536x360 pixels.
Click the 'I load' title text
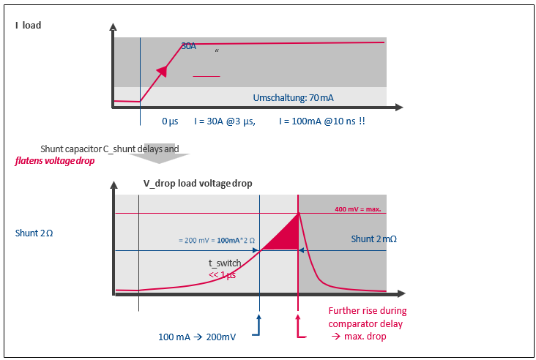[x=29, y=26]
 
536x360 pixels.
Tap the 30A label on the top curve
[x=188, y=45]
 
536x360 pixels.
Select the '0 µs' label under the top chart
[x=170, y=121]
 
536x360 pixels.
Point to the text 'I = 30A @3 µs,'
[x=225, y=121]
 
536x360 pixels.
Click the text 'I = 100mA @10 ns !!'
[x=321, y=121]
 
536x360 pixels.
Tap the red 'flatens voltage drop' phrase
[x=55, y=160]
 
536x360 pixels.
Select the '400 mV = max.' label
[x=358, y=209]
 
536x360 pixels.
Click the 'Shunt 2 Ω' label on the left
[x=34, y=233]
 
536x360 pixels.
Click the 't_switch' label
[x=225, y=263]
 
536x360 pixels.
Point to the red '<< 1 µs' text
[x=223, y=275]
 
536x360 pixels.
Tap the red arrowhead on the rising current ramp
[x=163, y=70]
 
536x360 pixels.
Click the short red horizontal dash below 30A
[x=206, y=75]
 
